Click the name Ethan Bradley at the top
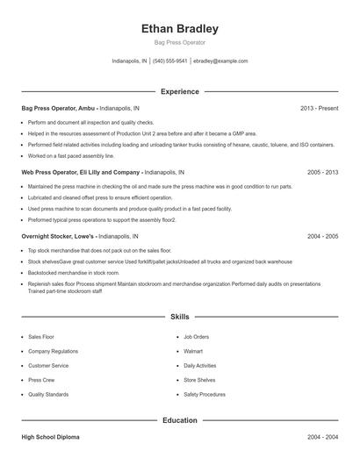180,28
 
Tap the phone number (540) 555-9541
170,61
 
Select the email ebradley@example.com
220,61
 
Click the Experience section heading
180,91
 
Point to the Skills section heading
180,316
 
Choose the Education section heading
180,420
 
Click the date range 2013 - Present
319,108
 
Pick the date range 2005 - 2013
322,173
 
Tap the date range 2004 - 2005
322,237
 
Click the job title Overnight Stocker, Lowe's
57,237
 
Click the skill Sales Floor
41,336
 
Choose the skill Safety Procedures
205,395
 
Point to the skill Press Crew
41,380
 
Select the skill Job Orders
197,336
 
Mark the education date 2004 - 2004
322,436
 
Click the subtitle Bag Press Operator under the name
180,43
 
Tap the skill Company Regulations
53,351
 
